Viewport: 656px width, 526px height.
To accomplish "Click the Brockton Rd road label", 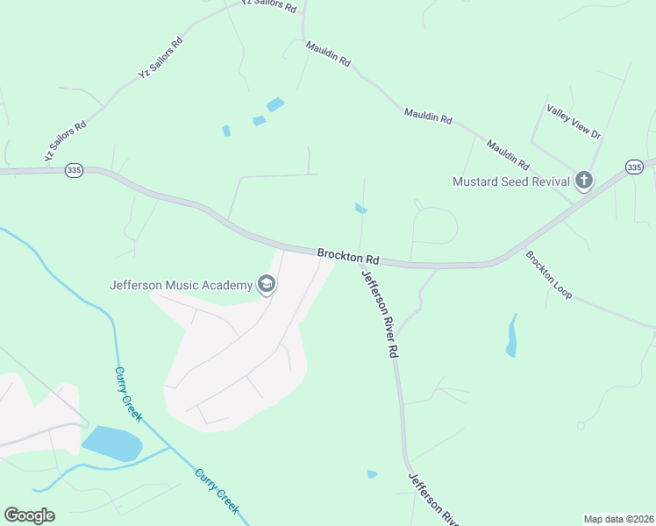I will [348, 257].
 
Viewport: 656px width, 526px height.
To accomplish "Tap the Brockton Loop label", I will [549, 274].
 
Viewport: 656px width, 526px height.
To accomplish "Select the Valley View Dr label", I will [574, 121].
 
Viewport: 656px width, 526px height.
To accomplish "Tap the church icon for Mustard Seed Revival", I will [583, 181].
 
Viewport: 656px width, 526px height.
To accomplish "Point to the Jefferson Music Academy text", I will [181, 284].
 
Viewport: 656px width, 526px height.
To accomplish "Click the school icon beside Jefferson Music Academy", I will [266, 284].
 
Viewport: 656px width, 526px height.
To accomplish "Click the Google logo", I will [29, 515].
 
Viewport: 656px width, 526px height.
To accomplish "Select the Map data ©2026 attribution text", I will [618, 519].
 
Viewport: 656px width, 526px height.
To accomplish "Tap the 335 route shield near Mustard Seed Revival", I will [635, 167].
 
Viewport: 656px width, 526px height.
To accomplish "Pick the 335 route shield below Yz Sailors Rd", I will [74, 171].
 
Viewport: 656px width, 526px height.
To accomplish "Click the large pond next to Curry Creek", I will [112, 444].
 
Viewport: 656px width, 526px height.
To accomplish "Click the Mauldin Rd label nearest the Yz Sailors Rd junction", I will [328, 54].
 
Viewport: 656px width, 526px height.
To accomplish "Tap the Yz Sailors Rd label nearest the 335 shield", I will [66, 141].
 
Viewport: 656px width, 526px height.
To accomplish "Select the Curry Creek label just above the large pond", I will [128, 394].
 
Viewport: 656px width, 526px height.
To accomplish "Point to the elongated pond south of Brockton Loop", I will [511, 337].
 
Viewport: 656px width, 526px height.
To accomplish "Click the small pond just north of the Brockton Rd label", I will [360, 208].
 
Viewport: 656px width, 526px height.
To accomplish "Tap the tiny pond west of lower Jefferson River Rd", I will [372, 474].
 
